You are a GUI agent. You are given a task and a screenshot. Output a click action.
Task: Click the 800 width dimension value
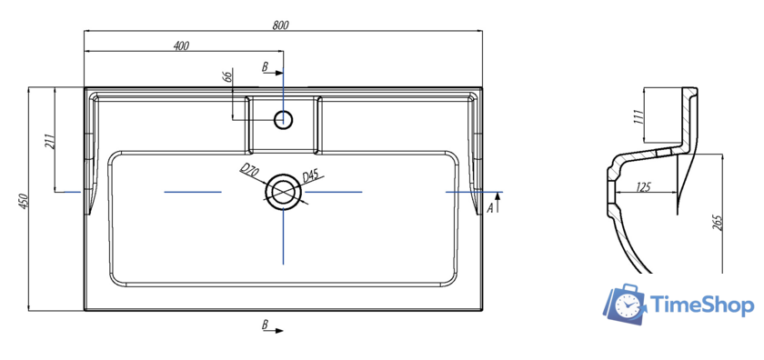pos(280,25)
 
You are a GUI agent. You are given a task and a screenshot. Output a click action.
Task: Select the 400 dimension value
pos(181,45)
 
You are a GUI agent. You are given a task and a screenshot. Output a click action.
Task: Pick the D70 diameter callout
pos(248,171)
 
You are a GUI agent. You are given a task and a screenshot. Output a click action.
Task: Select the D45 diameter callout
pos(310,176)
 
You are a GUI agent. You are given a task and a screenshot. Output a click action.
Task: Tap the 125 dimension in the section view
pos(643,187)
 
